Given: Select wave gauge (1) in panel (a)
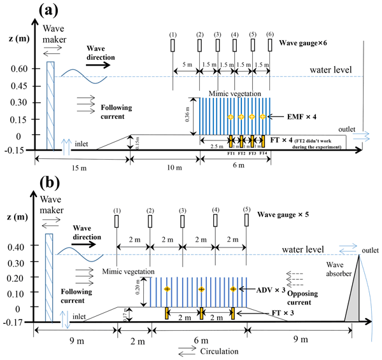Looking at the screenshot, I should point(173,46).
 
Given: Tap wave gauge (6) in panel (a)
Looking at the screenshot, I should point(271,46).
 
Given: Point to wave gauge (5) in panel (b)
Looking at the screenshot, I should point(246,221).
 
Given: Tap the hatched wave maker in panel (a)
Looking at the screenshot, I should point(51,105).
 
